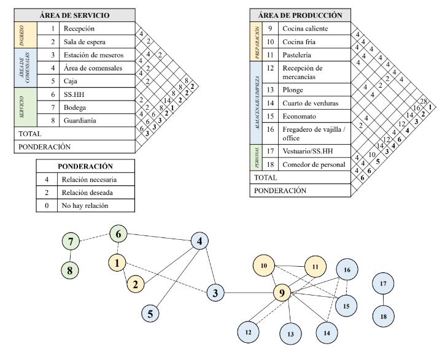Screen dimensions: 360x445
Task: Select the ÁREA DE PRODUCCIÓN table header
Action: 300,15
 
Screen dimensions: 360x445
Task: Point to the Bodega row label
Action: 75,107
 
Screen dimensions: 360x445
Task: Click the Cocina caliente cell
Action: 305,28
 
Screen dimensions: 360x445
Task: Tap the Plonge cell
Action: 293,90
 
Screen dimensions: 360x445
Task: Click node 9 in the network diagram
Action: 282,293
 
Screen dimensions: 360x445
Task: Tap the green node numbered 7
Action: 72,241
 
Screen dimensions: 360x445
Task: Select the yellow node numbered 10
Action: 265,266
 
